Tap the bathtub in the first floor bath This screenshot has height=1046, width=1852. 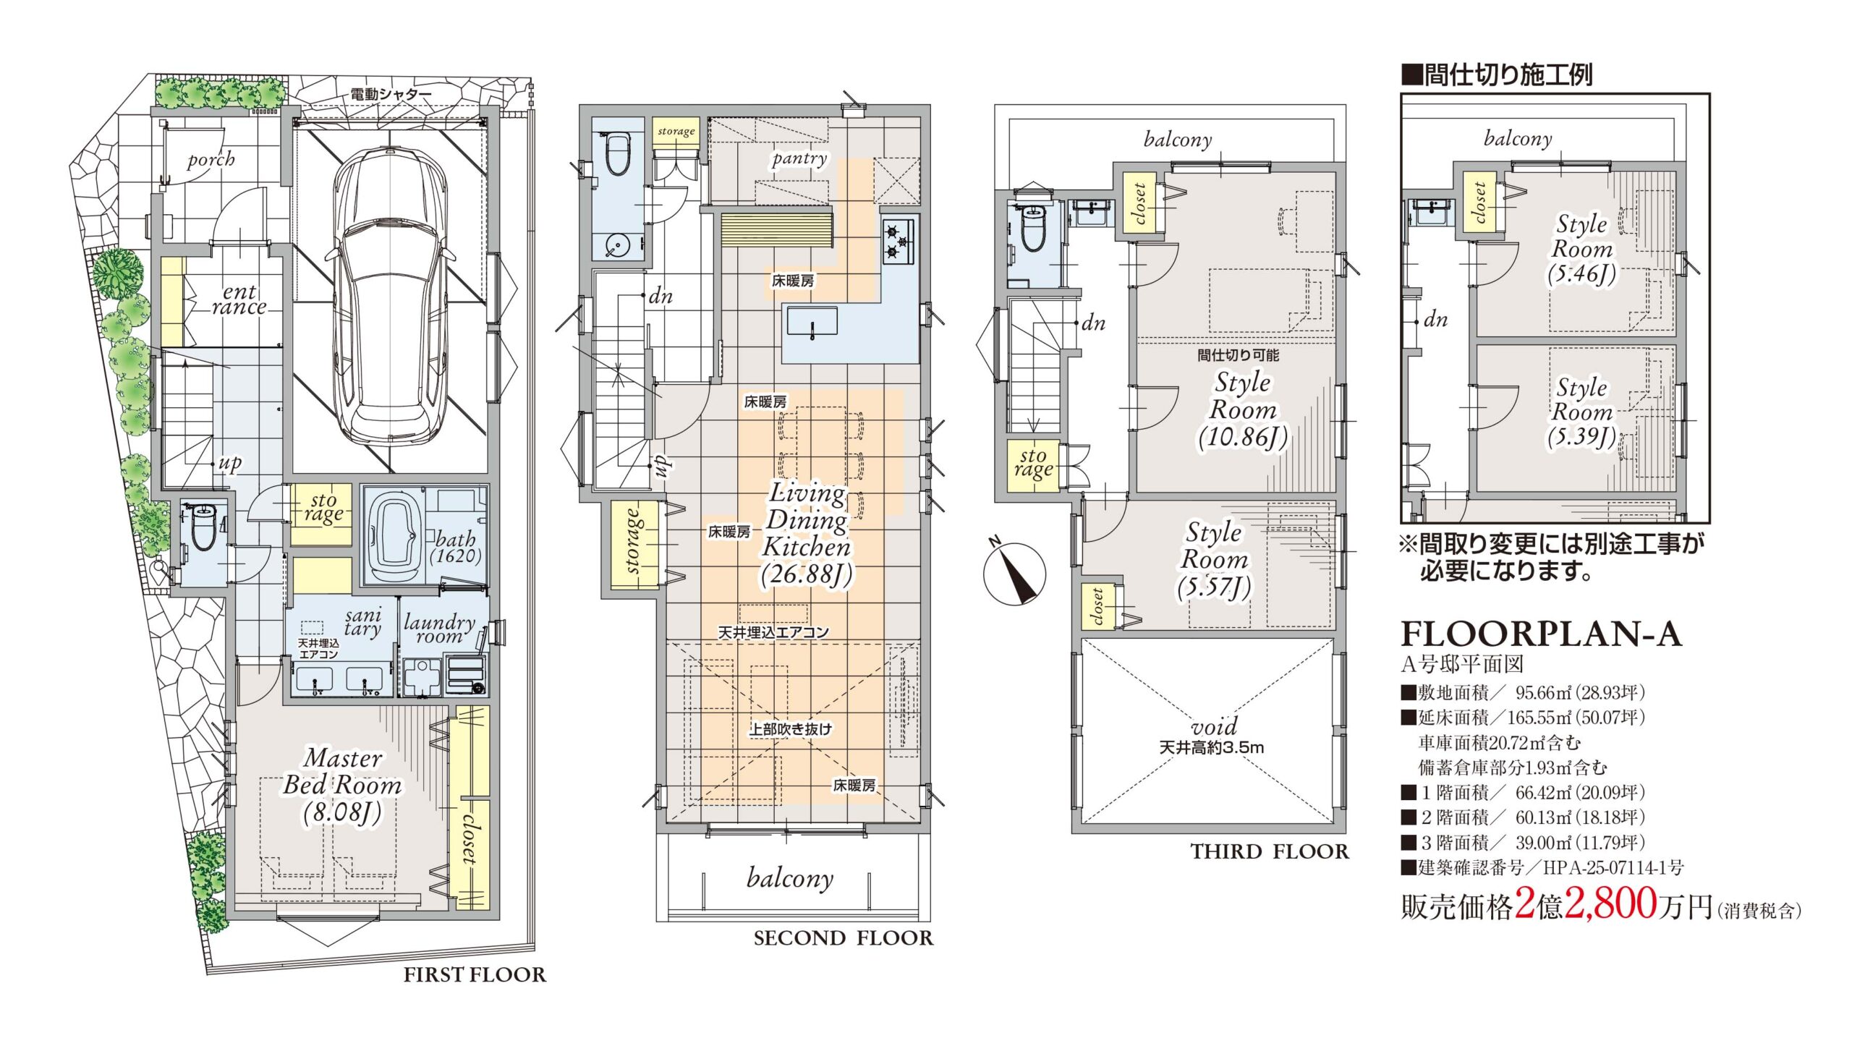point(393,536)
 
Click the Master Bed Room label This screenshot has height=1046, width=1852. point(343,785)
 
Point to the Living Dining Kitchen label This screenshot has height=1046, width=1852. point(807,534)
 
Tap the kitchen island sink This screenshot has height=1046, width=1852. point(812,321)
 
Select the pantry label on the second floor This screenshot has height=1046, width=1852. point(799,158)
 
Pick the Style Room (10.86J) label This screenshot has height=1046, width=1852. point(1242,410)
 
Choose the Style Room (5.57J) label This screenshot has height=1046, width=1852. point(1214,560)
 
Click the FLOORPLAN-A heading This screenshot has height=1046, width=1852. point(1542,634)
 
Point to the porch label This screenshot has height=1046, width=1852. point(211,159)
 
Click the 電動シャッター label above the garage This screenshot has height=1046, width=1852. point(391,94)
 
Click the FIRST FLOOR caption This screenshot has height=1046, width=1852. point(475,975)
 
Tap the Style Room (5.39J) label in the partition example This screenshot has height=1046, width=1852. point(1581,412)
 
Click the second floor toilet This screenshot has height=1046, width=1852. point(616,154)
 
